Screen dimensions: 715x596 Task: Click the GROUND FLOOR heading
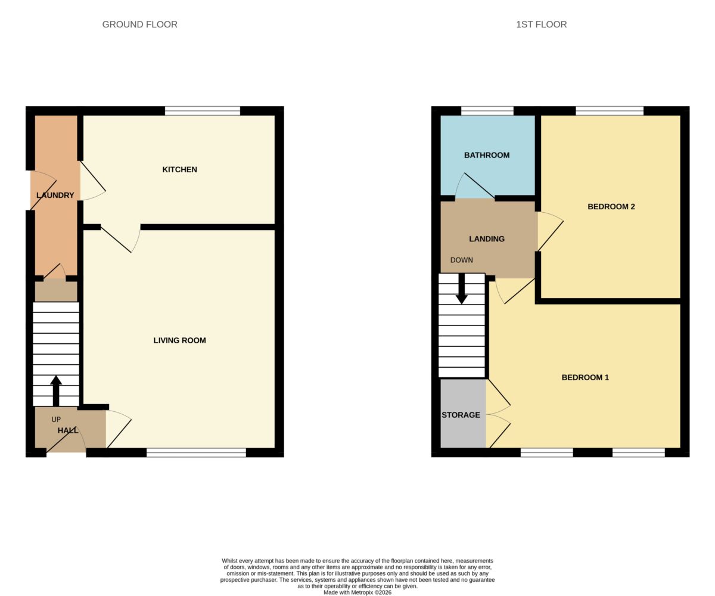pyautogui.click(x=139, y=24)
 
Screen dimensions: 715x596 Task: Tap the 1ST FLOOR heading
pyautogui.click(x=542, y=24)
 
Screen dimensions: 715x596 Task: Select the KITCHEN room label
pyautogui.click(x=179, y=169)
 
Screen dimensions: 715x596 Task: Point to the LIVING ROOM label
pyautogui.click(x=179, y=340)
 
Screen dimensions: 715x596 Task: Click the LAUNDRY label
pyautogui.click(x=55, y=195)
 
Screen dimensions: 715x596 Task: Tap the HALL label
pyautogui.click(x=68, y=430)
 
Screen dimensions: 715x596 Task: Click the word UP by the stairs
pyautogui.click(x=56, y=420)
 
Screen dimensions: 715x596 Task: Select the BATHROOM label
pyautogui.click(x=487, y=155)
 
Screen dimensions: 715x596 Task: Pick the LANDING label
pyautogui.click(x=487, y=239)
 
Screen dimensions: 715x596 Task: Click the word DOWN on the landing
pyautogui.click(x=461, y=260)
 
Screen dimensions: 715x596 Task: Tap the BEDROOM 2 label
pyautogui.click(x=611, y=207)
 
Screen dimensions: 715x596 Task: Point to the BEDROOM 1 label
pyautogui.click(x=585, y=377)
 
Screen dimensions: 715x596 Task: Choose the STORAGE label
pyautogui.click(x=461, y=415)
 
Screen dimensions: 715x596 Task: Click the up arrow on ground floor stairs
pyautogui.click(x=56, y=391)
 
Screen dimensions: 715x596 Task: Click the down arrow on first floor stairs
pyautogui.click(x=462, y=288)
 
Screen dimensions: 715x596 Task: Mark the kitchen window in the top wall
pyautogui.click(x=203, y=111)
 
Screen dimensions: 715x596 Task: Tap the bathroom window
pyautogui.click(x=487, y=111)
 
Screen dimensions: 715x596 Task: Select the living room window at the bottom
pyautogui.click(x=196, y=452)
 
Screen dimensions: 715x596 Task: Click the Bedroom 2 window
pyautogui.click(x=610, y=111)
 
